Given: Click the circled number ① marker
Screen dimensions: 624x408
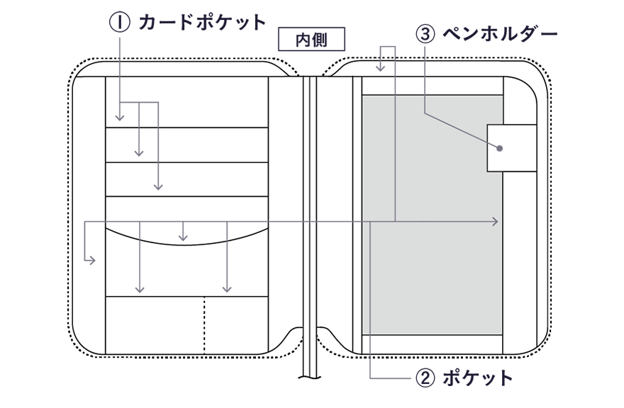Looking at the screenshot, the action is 119,22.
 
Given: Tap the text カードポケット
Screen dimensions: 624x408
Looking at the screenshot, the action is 202,22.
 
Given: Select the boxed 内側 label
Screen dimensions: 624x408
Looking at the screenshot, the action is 311,39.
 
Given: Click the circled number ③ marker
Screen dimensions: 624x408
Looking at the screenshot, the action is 425,34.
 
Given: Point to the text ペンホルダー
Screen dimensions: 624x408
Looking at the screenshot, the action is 500,34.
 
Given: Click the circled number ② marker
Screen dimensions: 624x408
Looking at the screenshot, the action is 425,378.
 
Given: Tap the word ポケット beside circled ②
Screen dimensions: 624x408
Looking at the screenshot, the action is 477,378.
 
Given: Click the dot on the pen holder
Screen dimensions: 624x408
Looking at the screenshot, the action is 499,148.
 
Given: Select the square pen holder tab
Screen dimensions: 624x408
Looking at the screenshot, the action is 512,148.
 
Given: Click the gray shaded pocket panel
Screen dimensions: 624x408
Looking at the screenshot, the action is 432,215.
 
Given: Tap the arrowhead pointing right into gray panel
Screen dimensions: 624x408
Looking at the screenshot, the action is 495,222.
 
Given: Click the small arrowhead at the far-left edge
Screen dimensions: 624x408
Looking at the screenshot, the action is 92,261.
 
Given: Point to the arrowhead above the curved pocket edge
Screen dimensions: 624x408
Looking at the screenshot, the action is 183,238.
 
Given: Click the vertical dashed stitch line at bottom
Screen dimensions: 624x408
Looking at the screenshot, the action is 204,325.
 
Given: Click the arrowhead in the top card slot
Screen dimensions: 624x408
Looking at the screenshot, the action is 119,118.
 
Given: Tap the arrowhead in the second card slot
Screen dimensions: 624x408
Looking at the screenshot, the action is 138,153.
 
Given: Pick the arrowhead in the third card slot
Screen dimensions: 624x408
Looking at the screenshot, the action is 158,186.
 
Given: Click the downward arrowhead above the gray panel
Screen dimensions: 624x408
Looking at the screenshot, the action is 381,69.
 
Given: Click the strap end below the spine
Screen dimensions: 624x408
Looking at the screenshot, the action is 310,374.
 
